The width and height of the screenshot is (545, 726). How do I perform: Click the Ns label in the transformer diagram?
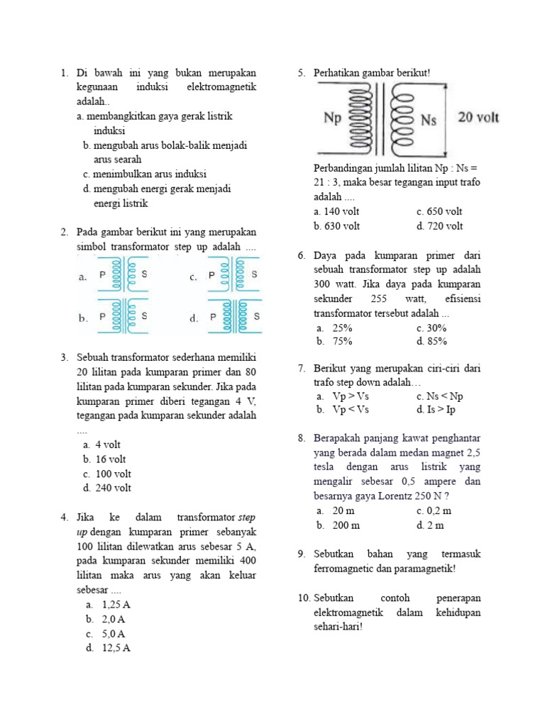[x=429, y=120]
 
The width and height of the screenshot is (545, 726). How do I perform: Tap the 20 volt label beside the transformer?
[x=478, y=118]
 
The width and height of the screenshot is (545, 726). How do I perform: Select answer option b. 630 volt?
[x=337, y=226]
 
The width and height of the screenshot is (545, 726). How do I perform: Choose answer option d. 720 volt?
[x=440, y=226]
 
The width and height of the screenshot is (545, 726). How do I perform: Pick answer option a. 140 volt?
[x=337, y=211]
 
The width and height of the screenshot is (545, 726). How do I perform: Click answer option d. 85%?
[x=432, y=342]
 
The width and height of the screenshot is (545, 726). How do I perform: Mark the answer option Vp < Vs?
[x=344, y=410]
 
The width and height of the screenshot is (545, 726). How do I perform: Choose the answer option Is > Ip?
[x=436, y=410]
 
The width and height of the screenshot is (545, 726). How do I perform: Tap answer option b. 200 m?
[x=339, y=525]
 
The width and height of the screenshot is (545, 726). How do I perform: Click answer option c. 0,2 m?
[x=434, y=510]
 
